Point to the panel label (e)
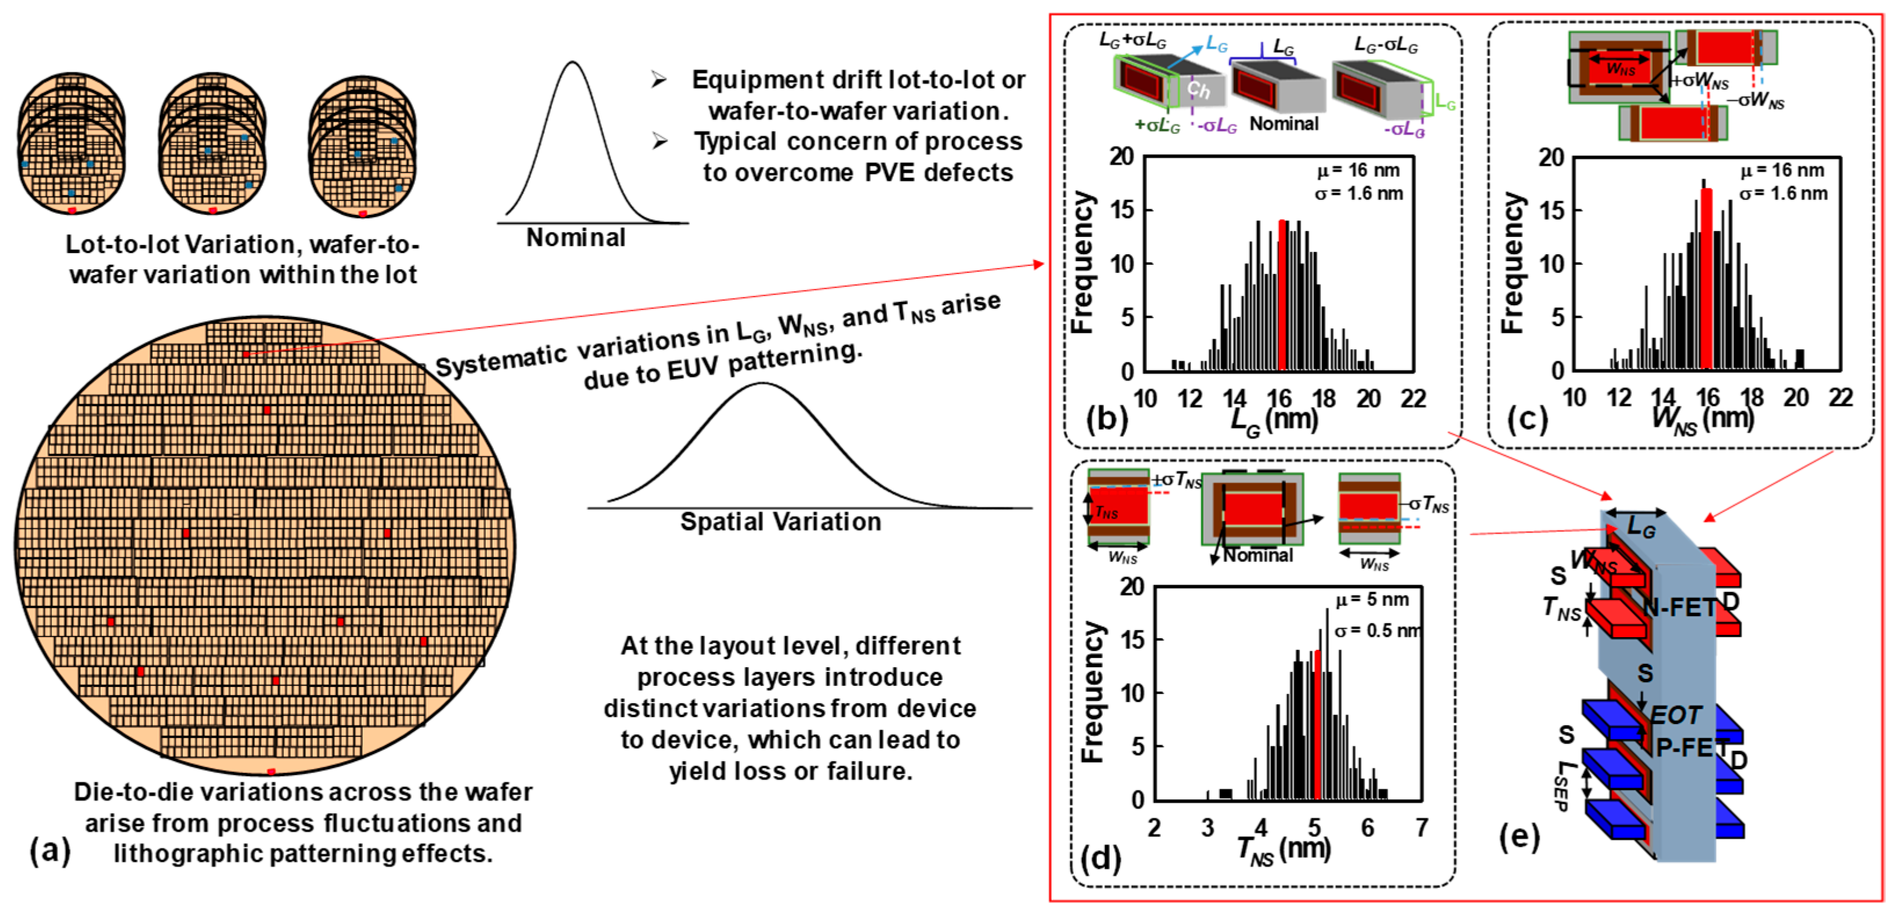click(x=1519, y=836)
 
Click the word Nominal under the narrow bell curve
click(x=576, y=237)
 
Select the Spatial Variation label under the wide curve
click(x=780, y=522)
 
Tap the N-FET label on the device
click(x=1679, y=607)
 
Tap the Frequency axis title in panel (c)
click(x=1512, y=263)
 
